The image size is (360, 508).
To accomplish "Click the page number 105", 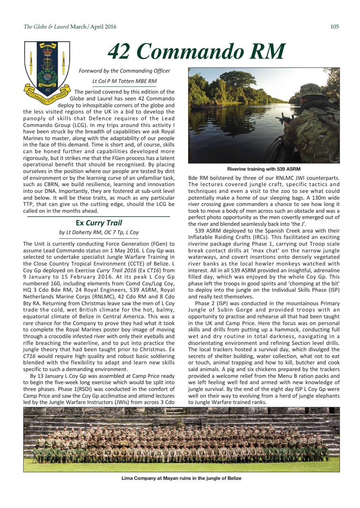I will [334, 27].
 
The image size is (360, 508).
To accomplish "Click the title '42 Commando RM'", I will [196, 51].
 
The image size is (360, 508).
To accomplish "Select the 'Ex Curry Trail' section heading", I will [99, 223].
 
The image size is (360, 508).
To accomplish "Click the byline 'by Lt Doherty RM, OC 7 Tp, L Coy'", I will [99, 233].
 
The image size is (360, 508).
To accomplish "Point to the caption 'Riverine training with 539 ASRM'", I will [264, 169].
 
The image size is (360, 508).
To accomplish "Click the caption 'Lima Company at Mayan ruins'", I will [181, 478].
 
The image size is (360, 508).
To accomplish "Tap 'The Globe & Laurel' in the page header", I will [46, 27].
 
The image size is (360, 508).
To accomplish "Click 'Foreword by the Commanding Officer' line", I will [125, 71].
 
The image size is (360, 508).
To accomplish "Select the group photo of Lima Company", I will [181, 439].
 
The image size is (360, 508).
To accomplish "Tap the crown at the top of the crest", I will [47, 52].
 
